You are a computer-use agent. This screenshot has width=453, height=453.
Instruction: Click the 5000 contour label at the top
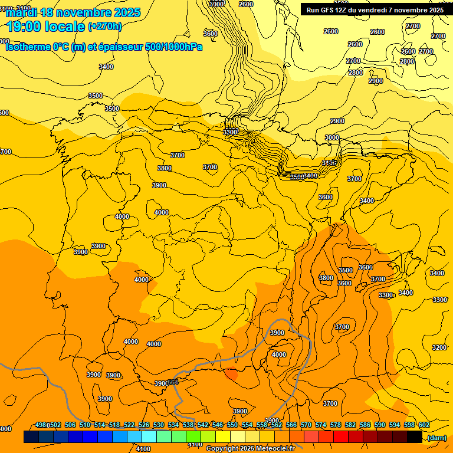click(x=217, y=4)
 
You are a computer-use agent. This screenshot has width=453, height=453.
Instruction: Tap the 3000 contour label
click(x=332, y=137)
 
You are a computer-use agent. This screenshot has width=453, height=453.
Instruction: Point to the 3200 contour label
click(x=439, y=347)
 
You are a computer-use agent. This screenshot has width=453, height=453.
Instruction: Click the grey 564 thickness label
click(x=173, y=382)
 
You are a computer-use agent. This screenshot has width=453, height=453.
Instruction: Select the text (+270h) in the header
click(x=105, y=27)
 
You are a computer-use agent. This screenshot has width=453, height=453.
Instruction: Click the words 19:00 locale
click(x=45, y=27)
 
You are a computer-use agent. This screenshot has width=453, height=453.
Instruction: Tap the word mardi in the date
click(x=22, y=12)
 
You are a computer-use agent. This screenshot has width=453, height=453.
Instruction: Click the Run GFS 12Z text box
click(x=375, y=9)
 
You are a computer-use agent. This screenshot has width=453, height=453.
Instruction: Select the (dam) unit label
click(x=437, y=437)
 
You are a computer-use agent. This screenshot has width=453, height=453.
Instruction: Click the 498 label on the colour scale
click(x=41, y=425)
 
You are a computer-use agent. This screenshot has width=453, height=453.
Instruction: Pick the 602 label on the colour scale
click(x=424, y=425)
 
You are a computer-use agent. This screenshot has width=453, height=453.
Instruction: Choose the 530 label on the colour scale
click(x=159, y=425)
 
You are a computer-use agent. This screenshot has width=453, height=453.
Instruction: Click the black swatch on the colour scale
click(x=415, y=437)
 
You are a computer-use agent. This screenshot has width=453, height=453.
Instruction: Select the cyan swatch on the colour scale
click(x=149, y=437)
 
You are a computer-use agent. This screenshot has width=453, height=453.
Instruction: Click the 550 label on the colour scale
click(x=232, y=425)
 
